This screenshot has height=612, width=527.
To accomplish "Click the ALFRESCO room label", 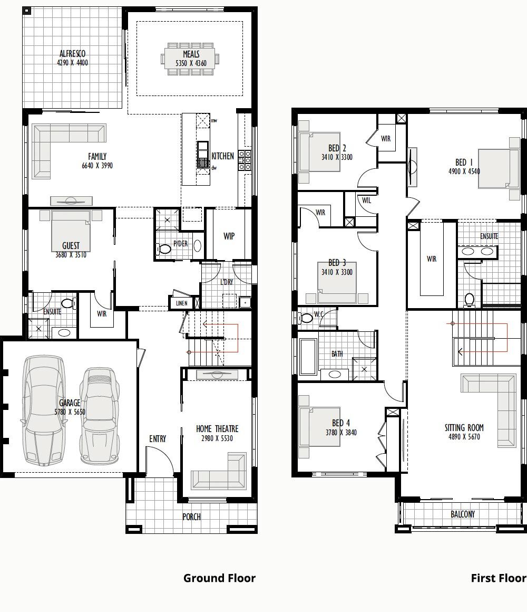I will [x=73, y=54].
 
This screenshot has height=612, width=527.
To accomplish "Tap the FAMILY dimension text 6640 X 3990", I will [x=97, y=165].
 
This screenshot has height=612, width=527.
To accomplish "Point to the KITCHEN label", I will [x=222, y=156].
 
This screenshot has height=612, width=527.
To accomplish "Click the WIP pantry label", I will [x=229, y=236].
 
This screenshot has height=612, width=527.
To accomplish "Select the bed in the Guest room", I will [x=71, y=232].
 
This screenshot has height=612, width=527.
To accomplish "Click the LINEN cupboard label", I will [x=181, y=303].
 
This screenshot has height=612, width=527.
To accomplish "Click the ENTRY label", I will [x=157, y=438].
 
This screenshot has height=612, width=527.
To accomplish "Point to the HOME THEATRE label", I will [x=217, y=429].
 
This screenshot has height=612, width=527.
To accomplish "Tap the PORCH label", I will [x=191, y=517].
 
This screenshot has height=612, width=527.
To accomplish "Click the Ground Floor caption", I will [x=219, y=578].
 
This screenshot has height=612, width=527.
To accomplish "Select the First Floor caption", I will [x=498, y=578].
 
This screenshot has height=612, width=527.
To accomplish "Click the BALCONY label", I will [x=463, y=514].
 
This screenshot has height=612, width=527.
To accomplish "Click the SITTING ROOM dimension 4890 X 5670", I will [x=464, y=437].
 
